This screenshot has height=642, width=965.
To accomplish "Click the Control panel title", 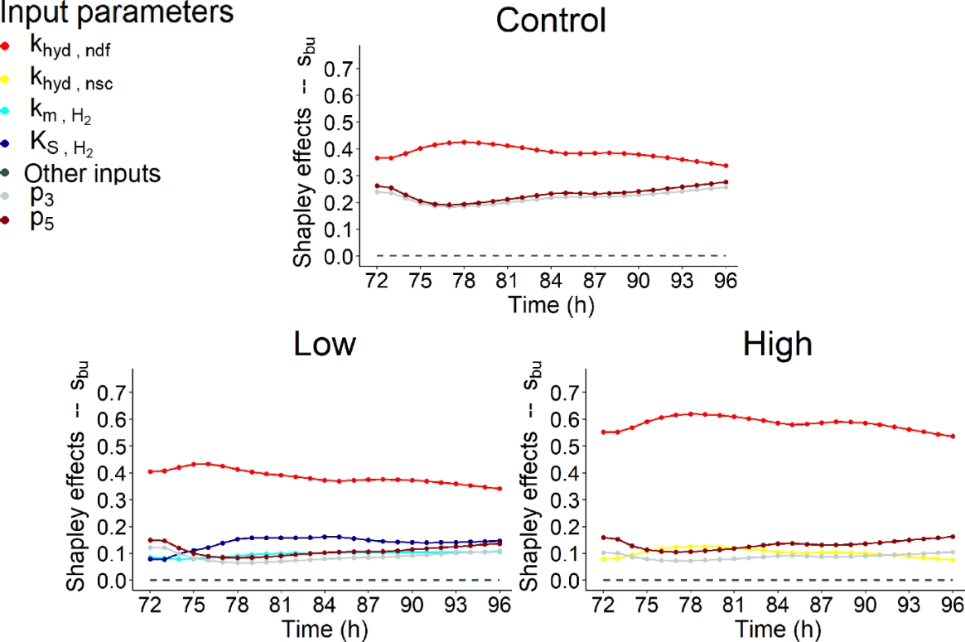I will click(551, 20).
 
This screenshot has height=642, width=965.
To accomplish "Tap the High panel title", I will click(777, 344).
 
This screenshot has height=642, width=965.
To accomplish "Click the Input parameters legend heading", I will click(116, 13).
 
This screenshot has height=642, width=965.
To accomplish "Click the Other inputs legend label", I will click(92, 174).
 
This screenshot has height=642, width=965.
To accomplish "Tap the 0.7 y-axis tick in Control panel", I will click(336, 69).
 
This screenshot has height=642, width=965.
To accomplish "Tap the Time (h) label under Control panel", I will click(552, 305).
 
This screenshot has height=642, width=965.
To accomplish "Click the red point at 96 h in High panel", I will click(953, 437).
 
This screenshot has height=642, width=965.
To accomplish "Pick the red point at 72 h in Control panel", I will click(378, 158).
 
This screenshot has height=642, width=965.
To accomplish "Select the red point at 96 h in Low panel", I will click(500, 489).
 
